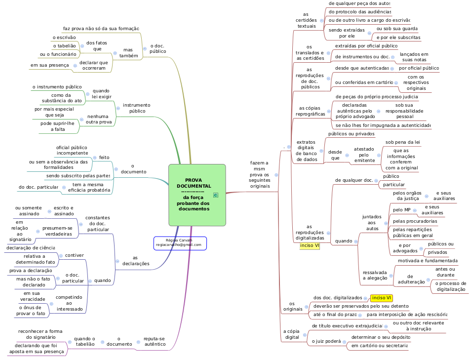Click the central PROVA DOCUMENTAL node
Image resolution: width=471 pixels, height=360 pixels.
tap(194, 195)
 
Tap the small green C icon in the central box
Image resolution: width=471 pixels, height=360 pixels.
tap(216, 195)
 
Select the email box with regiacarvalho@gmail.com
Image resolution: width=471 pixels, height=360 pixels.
tap(179, 242)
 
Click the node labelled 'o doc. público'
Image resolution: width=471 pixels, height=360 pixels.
tap(157, 48)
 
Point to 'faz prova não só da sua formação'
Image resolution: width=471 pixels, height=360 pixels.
tap(101, 29)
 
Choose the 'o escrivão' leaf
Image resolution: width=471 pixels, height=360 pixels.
tap(64, 38)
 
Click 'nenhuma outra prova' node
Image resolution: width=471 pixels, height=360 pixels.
tap(99, 119)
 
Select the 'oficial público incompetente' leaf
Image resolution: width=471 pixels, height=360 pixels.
tap(72, 150)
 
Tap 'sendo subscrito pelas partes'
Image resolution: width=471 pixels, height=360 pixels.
tap(78, 176)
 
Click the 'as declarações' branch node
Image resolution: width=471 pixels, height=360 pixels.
tap(136, 261)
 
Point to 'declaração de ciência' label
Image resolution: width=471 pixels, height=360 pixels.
tap(31, 247)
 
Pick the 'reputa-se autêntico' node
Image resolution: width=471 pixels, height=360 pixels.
tap(155, 341)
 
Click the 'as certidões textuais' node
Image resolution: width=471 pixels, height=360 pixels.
tap(307, 20)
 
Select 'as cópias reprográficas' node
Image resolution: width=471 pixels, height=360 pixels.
tap(313, 111)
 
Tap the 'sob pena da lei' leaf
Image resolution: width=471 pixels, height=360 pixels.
tap(402, 142)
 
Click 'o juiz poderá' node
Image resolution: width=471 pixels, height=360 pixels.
tap(327, 341)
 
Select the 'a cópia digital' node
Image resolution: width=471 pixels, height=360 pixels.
tap(292, 334)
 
